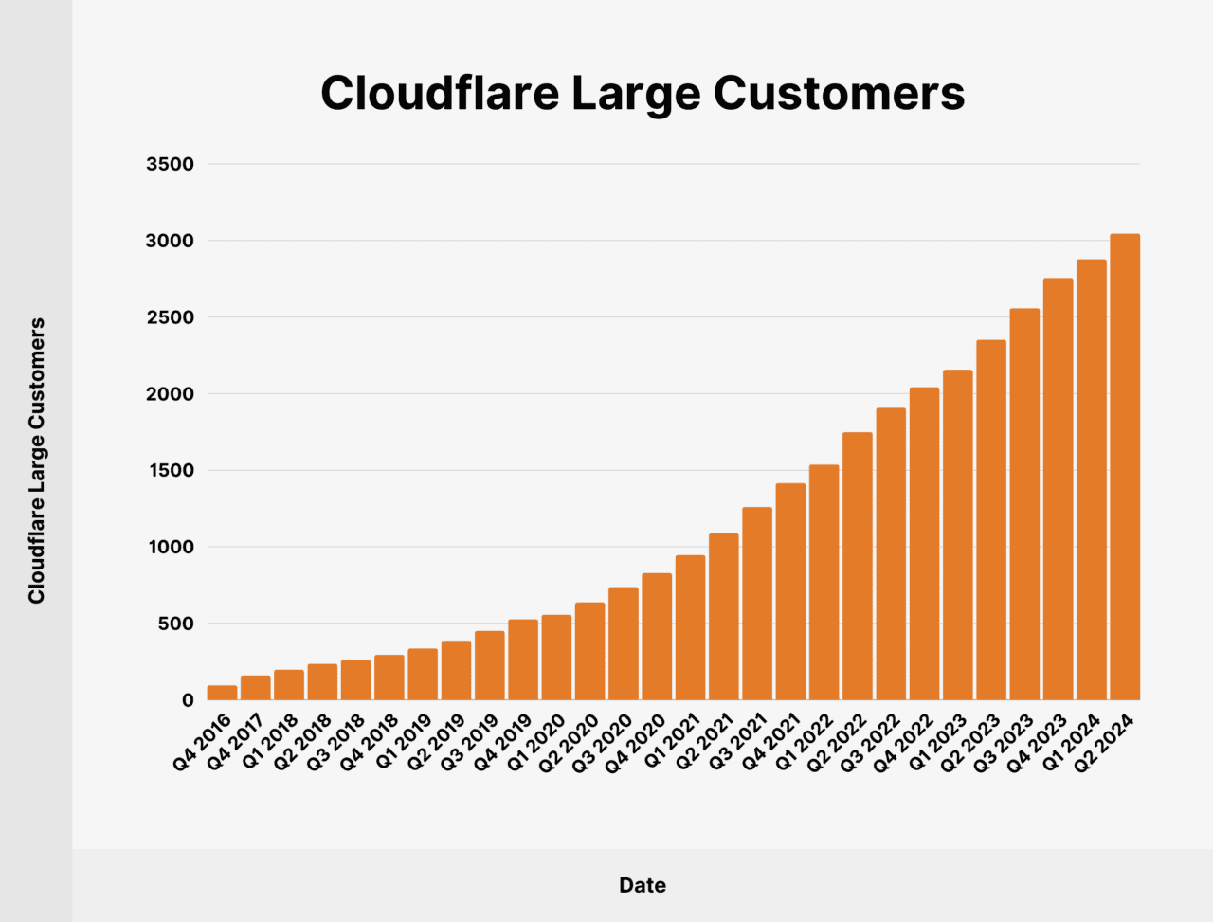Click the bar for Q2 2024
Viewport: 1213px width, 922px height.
1125,467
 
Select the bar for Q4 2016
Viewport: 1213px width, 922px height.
222,693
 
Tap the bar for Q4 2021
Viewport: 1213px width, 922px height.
790,592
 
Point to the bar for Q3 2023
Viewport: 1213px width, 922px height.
1024,504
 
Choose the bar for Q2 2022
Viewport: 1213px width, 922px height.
858,567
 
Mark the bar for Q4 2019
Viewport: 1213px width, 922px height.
523,660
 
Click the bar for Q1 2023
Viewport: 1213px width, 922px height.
958,535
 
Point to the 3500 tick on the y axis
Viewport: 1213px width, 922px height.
170,164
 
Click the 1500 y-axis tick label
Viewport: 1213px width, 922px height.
170,471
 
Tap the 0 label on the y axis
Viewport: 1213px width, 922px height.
188,700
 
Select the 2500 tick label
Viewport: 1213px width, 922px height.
170,317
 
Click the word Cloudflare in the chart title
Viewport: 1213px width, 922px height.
439,94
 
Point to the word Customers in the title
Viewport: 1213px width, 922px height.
839,94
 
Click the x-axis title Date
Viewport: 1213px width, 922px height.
643,885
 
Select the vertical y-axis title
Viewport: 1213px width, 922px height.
37,461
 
